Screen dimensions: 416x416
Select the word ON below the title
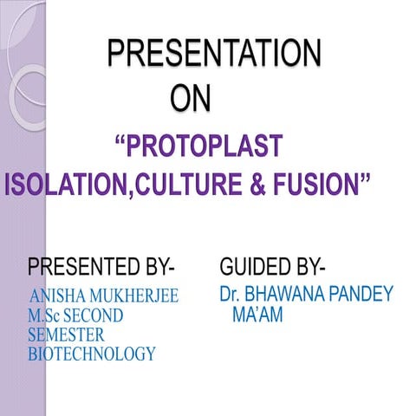point(190,99)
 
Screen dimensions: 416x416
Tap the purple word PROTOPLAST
point(204,145)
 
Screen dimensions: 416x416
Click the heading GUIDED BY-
point(273,264)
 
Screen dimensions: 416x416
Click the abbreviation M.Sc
point(45,315)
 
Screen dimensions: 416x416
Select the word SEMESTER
point(65,335)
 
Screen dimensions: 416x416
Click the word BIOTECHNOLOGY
point(91,354)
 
